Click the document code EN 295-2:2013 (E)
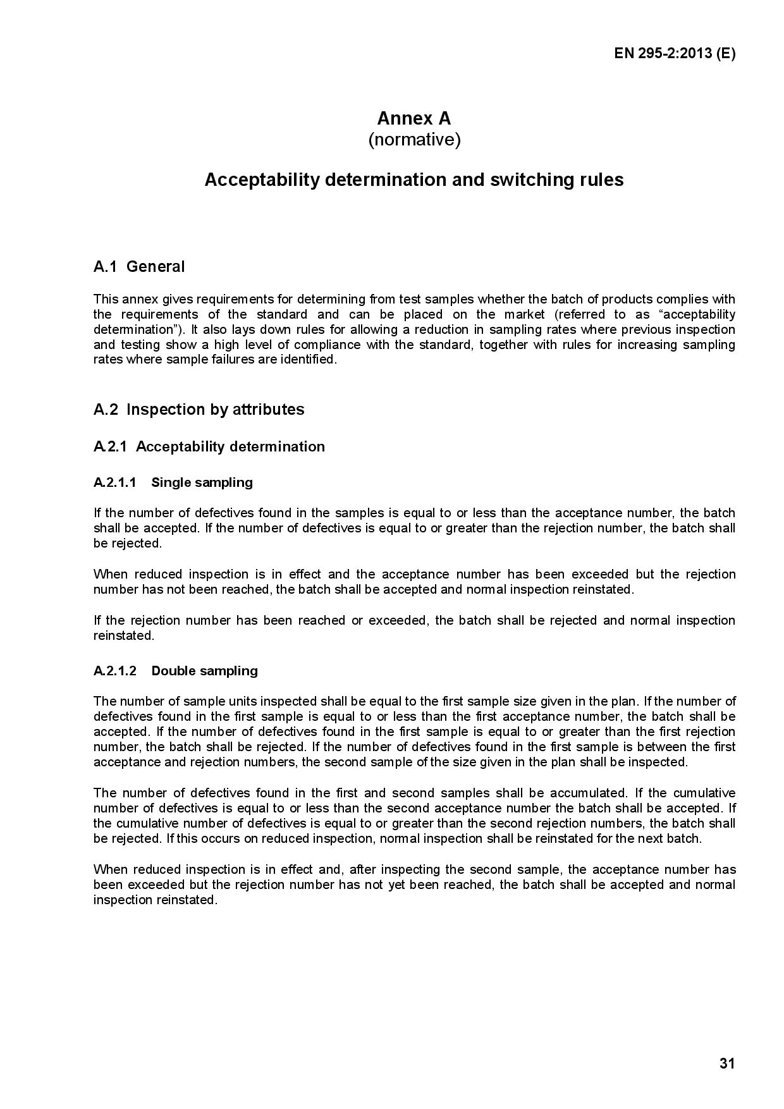(x=675, y=54)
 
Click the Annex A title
(x=414, y=118)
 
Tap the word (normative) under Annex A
(x=414, y=140)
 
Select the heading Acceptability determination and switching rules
(x=414, y=180)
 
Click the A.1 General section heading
(x=139, y=267)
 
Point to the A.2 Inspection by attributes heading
(x=199, y=410)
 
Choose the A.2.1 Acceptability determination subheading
(x=209, y=447)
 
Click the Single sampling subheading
(x=202, y=483)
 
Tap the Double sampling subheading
(x=205, y=671)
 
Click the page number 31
(x=727, y=1063)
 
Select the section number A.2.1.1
(x=115, y=483)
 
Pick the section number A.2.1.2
(x=115, y=671)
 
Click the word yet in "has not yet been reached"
(x=396, y=885)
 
